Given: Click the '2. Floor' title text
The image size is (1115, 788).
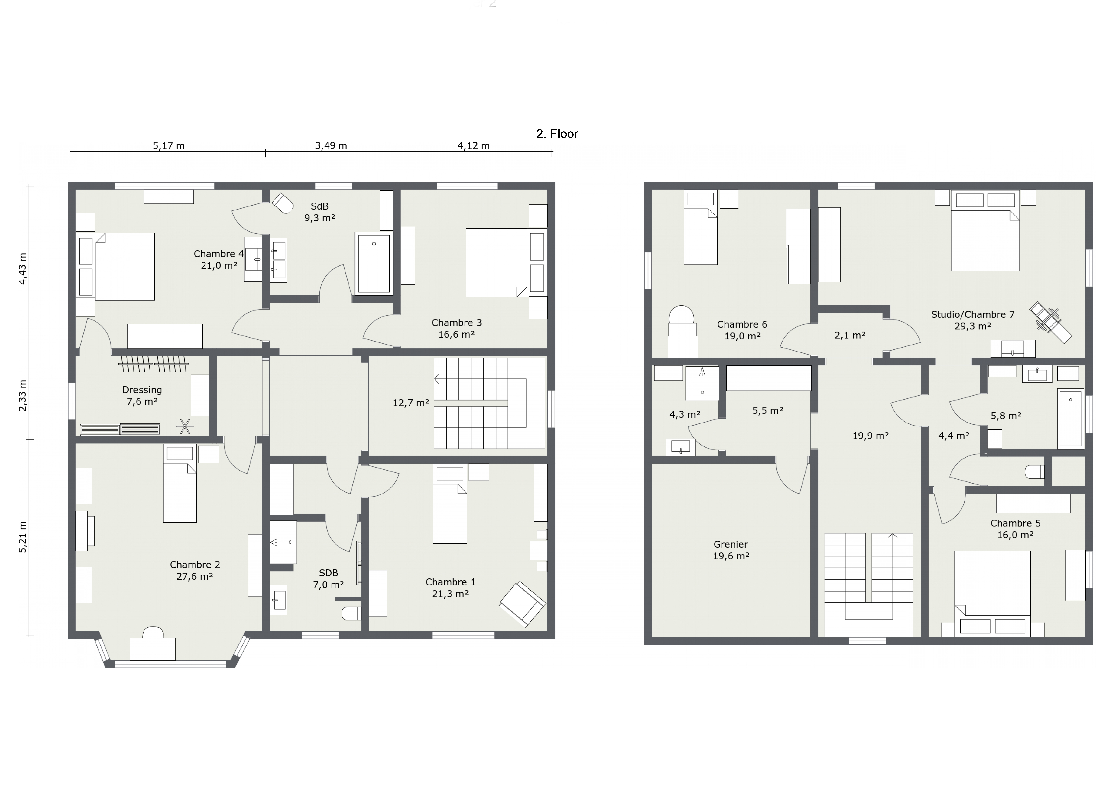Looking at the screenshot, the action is (557, 134).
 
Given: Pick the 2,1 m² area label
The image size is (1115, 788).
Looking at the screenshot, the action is (850, 335).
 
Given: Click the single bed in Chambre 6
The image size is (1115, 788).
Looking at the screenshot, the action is (700, 227).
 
